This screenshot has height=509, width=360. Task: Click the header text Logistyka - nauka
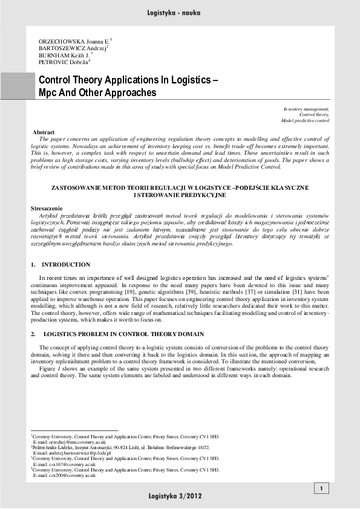click(180, 12)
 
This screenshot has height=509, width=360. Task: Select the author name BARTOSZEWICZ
click(62, 48)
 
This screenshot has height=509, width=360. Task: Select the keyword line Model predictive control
click(305, 120)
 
